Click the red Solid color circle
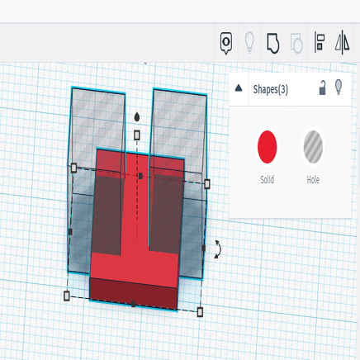(268, 146)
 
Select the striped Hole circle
(312, 146)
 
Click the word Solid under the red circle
(268, 179)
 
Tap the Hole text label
(312, 179)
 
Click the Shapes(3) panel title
(270, 88)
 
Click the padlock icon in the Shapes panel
(323, 88)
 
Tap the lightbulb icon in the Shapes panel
(339, 88)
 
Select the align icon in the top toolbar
(320, 42)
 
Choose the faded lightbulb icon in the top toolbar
(249, 42)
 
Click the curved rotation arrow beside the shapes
(217, 249)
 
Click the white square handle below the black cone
(137, 134)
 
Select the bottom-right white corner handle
(199, 311)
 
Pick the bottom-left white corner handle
(67, 295)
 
